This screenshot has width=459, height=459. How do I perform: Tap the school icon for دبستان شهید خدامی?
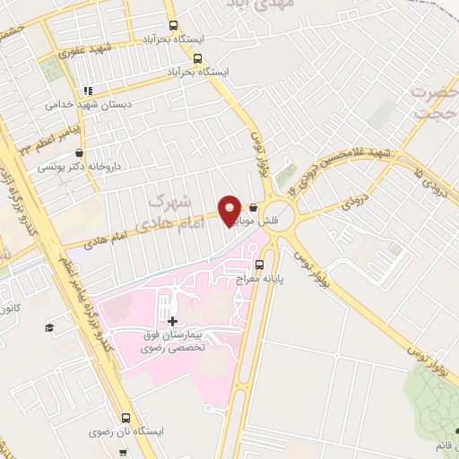tap(87, 91)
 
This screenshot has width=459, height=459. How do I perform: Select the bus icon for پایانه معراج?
tap(260, 264)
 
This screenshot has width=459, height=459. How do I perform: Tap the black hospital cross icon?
tap(172, 320)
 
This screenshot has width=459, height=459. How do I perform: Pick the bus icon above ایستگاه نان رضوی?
tap(125, 418)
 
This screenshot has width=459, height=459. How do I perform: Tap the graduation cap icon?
tap(49, 327)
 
